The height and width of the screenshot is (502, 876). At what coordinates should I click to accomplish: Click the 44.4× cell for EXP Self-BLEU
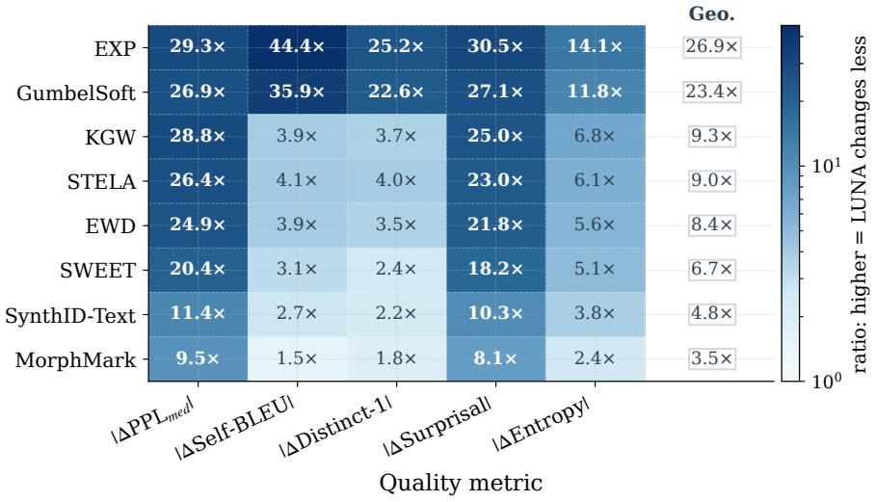pyautogui.click(x=297, y=47)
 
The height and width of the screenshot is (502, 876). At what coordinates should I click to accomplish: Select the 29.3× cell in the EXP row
pyautogui.click(x=198, y=47)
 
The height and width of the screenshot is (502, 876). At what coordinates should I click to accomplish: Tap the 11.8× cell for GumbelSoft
pyautogui.click(x=595, y=92)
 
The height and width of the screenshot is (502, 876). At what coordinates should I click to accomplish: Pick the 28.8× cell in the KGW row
pyautogui.click(x=198, y=136)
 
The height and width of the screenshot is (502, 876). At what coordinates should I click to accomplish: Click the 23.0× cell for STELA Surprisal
pyautogui.click(x=495, y=181)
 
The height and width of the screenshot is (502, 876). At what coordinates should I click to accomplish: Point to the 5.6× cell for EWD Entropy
pyautogui.click(x=595, y=225)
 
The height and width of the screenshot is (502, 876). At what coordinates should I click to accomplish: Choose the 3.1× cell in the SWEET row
pyautogui.click(x=297, y=270)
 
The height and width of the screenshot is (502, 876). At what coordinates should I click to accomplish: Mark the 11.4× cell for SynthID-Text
pyautogui.click(x=198, y=314)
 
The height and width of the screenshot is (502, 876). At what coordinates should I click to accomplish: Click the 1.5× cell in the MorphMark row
pyautogui.click(x=297, y=358)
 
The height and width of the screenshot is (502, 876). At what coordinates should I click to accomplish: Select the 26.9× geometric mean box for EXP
pyautogui.click(x=712, y=47)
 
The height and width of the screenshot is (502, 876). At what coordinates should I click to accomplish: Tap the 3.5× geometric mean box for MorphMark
pyautogui.click(x=712, y=358)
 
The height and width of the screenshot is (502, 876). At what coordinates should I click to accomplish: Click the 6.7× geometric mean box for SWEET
pyautogui.click(x=712, y=270)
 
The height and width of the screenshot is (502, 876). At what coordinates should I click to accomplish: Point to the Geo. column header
pyautogui.click(x=712, y=13)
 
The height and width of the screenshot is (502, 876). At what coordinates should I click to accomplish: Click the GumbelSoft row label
pyautogui.click(x=76, y=92)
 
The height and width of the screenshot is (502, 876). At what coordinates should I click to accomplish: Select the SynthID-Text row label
pyautogui.click(x=70, y=315)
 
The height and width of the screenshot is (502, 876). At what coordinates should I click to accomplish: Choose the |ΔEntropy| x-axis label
pyautogui.click(x=541, y=424)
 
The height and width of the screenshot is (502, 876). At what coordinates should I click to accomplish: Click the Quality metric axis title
pyautogui.click(x=461, y=483)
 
